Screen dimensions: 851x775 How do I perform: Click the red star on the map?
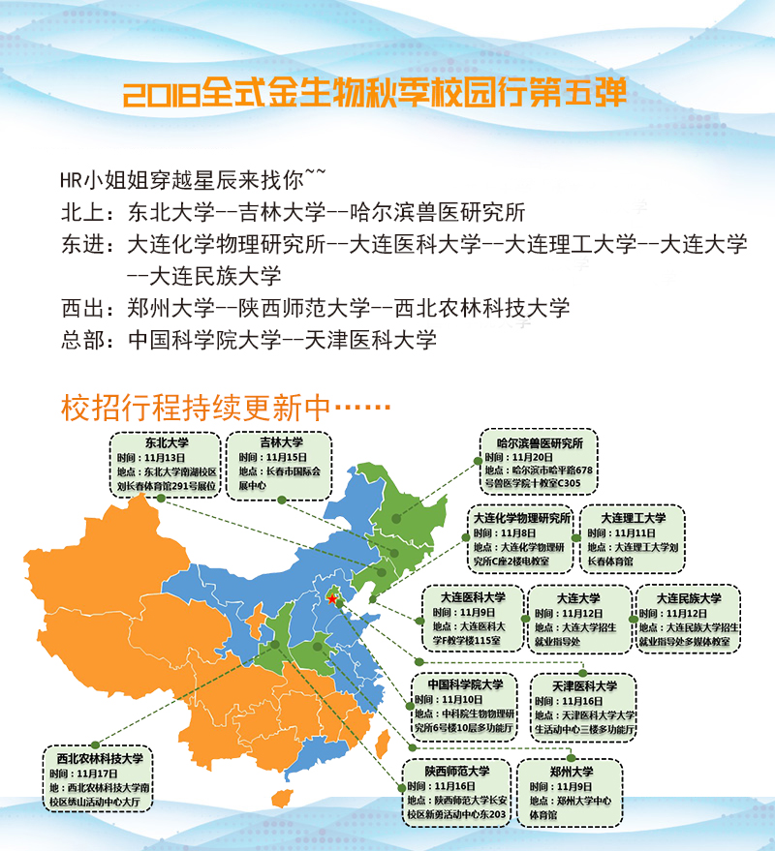[332, 600]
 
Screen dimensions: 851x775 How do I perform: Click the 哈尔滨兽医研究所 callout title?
[540, 442]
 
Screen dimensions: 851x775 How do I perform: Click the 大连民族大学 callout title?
[689, 598]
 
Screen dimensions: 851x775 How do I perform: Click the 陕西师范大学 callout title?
[457, 771]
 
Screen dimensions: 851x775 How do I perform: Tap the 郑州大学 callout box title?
[572, 772]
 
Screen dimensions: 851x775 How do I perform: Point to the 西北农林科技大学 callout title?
[100, 758]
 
